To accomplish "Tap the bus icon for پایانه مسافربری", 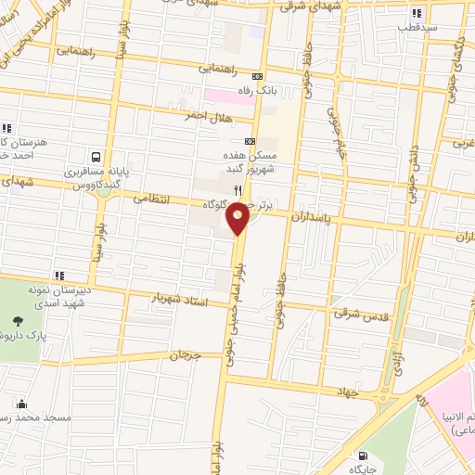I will pyautogui.click(x=97, y=157).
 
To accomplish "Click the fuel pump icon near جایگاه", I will pyautogui.click(x=362, y=455).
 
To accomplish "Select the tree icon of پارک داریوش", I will pyautogui.click(x=18, y=321).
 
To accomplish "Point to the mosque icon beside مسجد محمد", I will pyautogui.click(x=21, y=404).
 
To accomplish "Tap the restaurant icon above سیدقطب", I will pyautogui.click(x=417, y=13).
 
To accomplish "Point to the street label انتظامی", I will pyautogui.click(x=154, y=198).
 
